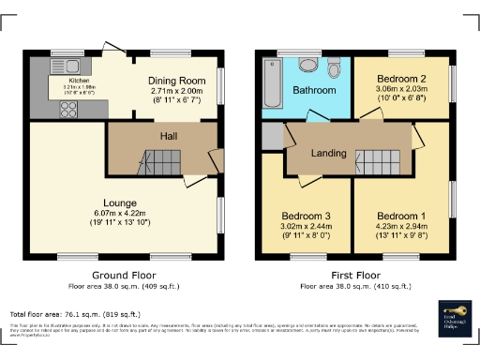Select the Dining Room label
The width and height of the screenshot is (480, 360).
pyautogui.click(x=176, y=81)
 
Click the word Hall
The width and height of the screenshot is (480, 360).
pyautogui.click(x=169, y=137)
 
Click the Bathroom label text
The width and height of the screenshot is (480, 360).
pyautogui.click(x=313, y=91)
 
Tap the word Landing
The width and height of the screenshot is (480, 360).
pyautogui.click(x=328, y=152)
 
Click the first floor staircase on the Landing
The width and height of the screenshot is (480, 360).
pyautogui.click(x=381, y=162)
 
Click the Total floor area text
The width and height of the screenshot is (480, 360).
pyautogui.click(x=75, y=315)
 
